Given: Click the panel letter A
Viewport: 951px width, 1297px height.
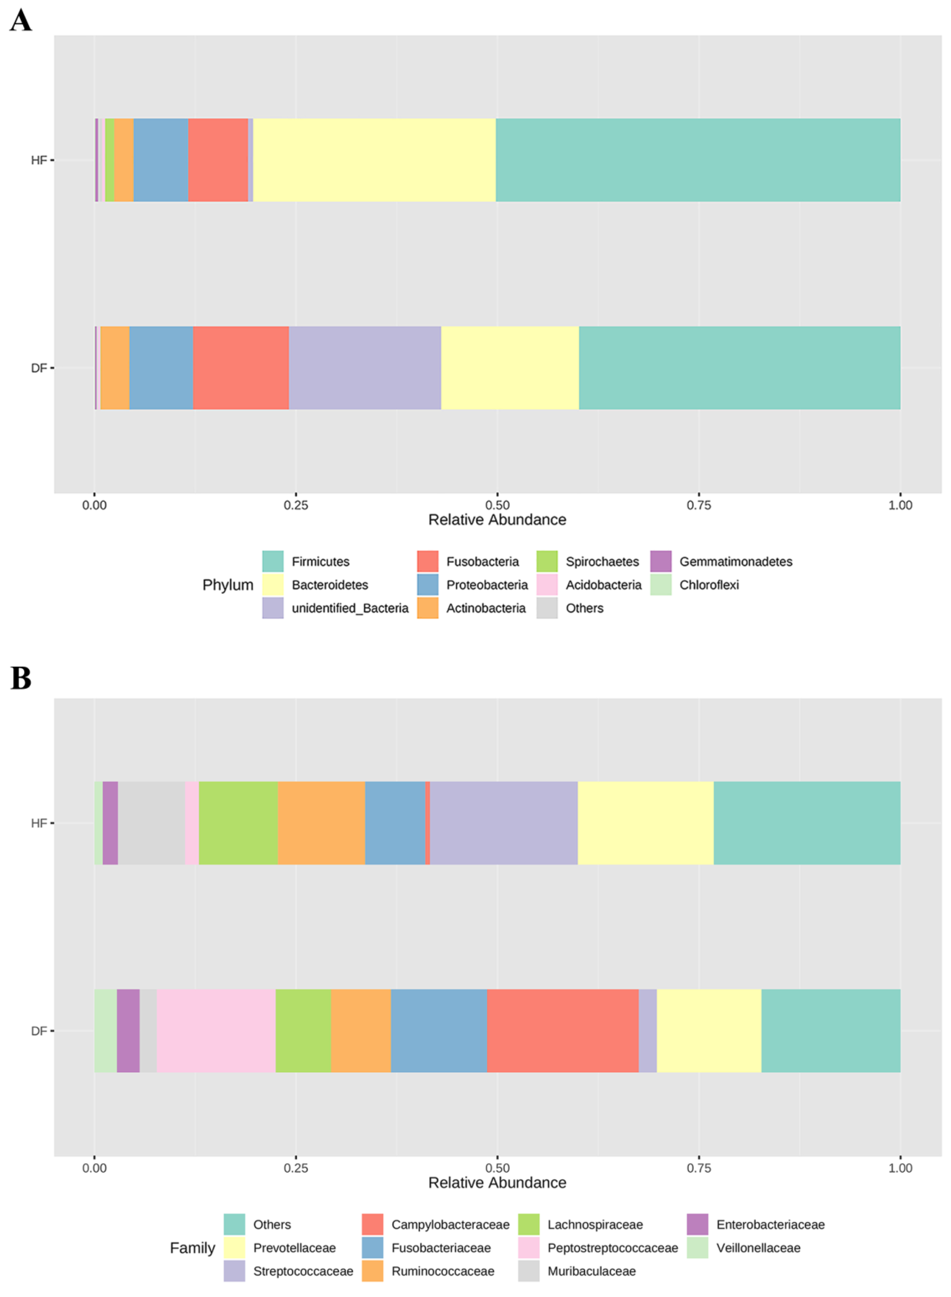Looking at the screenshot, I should (x=21, y=21).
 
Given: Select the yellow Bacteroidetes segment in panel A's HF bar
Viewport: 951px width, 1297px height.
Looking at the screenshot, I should (x=374, y=160).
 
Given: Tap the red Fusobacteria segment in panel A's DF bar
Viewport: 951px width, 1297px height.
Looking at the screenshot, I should (x=241, y=368).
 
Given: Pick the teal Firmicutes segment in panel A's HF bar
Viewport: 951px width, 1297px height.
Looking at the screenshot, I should (x=698, y=160).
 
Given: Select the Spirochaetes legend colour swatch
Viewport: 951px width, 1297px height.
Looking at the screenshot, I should (x=547, y=561).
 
